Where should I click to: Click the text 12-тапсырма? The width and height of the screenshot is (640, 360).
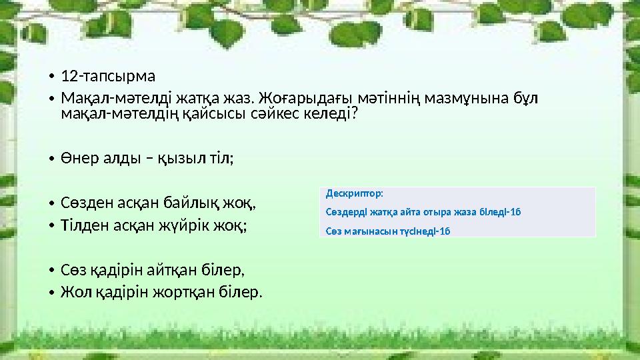[x=107, y=75]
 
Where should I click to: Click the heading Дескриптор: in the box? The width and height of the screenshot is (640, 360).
[x=355, y=194]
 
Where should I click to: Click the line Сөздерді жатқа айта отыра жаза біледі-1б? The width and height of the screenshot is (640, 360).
[x=423, y=212]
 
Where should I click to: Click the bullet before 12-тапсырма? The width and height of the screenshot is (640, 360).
[x=51, y=75]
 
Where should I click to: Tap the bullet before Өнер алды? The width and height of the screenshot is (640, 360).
[x=51, y=159]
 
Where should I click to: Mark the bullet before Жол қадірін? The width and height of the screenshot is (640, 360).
[x=51, y=293]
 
